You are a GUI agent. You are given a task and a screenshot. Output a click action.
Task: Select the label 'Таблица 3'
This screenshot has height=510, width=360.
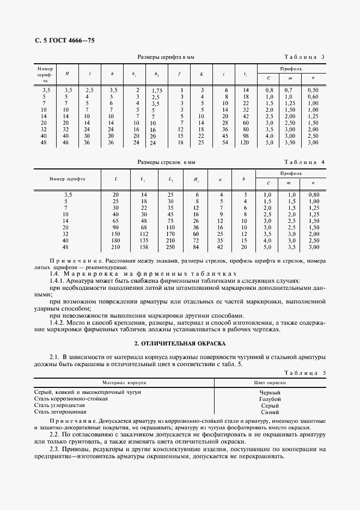coord(305,57)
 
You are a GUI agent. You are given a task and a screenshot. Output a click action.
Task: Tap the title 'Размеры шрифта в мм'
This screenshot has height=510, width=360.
coord(166,57)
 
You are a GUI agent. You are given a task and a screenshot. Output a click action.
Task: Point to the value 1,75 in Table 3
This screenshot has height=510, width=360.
coord(157,90)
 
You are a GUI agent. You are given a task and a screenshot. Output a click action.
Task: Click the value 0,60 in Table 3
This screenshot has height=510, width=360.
coord(313,96)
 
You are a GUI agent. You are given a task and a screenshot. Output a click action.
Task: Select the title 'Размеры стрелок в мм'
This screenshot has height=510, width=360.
coord(166,162)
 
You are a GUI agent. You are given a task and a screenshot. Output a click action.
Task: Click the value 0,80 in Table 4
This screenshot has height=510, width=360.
coord(313,195)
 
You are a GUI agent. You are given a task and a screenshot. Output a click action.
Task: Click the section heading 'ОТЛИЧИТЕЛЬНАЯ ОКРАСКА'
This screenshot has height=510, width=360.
coord(180,344)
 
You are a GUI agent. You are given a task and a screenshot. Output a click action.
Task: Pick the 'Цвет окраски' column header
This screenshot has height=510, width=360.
coord(270,383)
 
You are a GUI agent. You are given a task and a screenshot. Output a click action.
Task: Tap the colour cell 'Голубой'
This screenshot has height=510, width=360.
coord(270,399)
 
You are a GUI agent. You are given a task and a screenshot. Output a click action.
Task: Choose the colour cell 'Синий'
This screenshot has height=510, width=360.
coord(270,412)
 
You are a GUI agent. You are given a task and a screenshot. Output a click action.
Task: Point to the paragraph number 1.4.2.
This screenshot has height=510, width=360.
coord(58,323)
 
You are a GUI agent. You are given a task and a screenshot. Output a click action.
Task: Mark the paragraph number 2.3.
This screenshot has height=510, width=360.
coord(54,448)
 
